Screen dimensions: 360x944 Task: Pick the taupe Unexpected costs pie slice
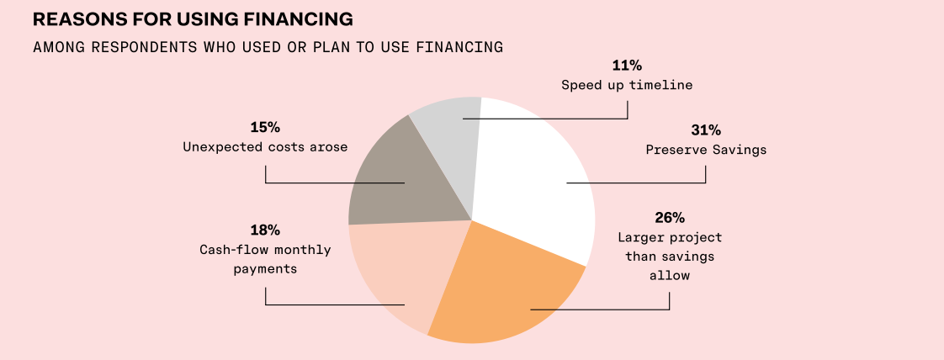395,177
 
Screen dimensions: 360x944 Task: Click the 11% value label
627,66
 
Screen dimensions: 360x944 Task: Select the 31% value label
706,130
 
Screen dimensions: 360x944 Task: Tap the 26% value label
669,219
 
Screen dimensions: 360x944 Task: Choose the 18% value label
265,230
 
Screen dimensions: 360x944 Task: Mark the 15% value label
265,128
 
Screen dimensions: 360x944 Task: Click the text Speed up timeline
627,85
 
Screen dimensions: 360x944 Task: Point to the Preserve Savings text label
706,151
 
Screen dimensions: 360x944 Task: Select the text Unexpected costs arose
265,147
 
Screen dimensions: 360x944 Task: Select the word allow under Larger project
669,275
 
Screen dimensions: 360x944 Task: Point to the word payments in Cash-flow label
265,269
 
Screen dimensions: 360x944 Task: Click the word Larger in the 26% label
642,238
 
